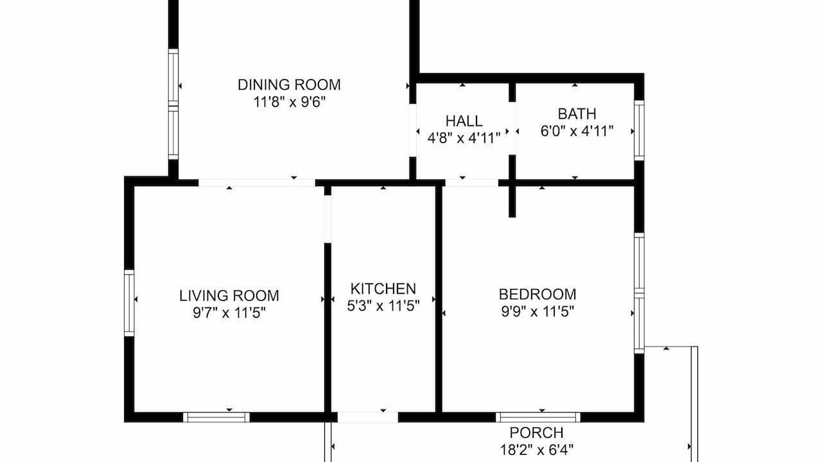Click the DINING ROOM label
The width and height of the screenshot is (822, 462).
(x=289, y=85)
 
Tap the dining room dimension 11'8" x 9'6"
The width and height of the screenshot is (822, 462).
(x=290, y=102)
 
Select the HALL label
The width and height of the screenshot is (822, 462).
(x=464, y=121)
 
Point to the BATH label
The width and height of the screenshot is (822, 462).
(x=577, y=114)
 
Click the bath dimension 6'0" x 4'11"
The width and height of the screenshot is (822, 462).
(x=577, y=131)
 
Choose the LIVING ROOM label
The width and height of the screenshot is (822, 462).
(x=229, y=296)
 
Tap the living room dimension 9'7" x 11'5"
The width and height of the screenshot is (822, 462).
(x=229, y=312)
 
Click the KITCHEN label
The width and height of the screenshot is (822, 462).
(x=383, y=289)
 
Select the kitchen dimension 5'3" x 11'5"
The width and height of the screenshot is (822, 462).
(x=383, y=306)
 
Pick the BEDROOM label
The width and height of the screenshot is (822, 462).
(x=538, y=295)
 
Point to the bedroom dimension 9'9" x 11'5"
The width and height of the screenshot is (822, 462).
(x=538, y=312)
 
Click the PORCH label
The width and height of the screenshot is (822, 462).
(x=536, y=433)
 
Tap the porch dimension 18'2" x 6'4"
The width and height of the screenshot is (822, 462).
(x=536, y=450)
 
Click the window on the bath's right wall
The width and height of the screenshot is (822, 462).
(x=639, y=130)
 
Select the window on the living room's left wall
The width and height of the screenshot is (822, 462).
(x=129, y=303)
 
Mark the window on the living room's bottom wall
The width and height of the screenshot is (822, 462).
(x=216, y=417)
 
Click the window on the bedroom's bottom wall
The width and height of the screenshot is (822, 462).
(x=538, y=417)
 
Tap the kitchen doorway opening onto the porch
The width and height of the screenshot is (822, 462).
(x=368, y=417)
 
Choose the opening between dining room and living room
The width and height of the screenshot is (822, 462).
(x=257, y=183)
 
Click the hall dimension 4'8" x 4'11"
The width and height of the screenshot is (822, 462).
(x=464, y=138)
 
